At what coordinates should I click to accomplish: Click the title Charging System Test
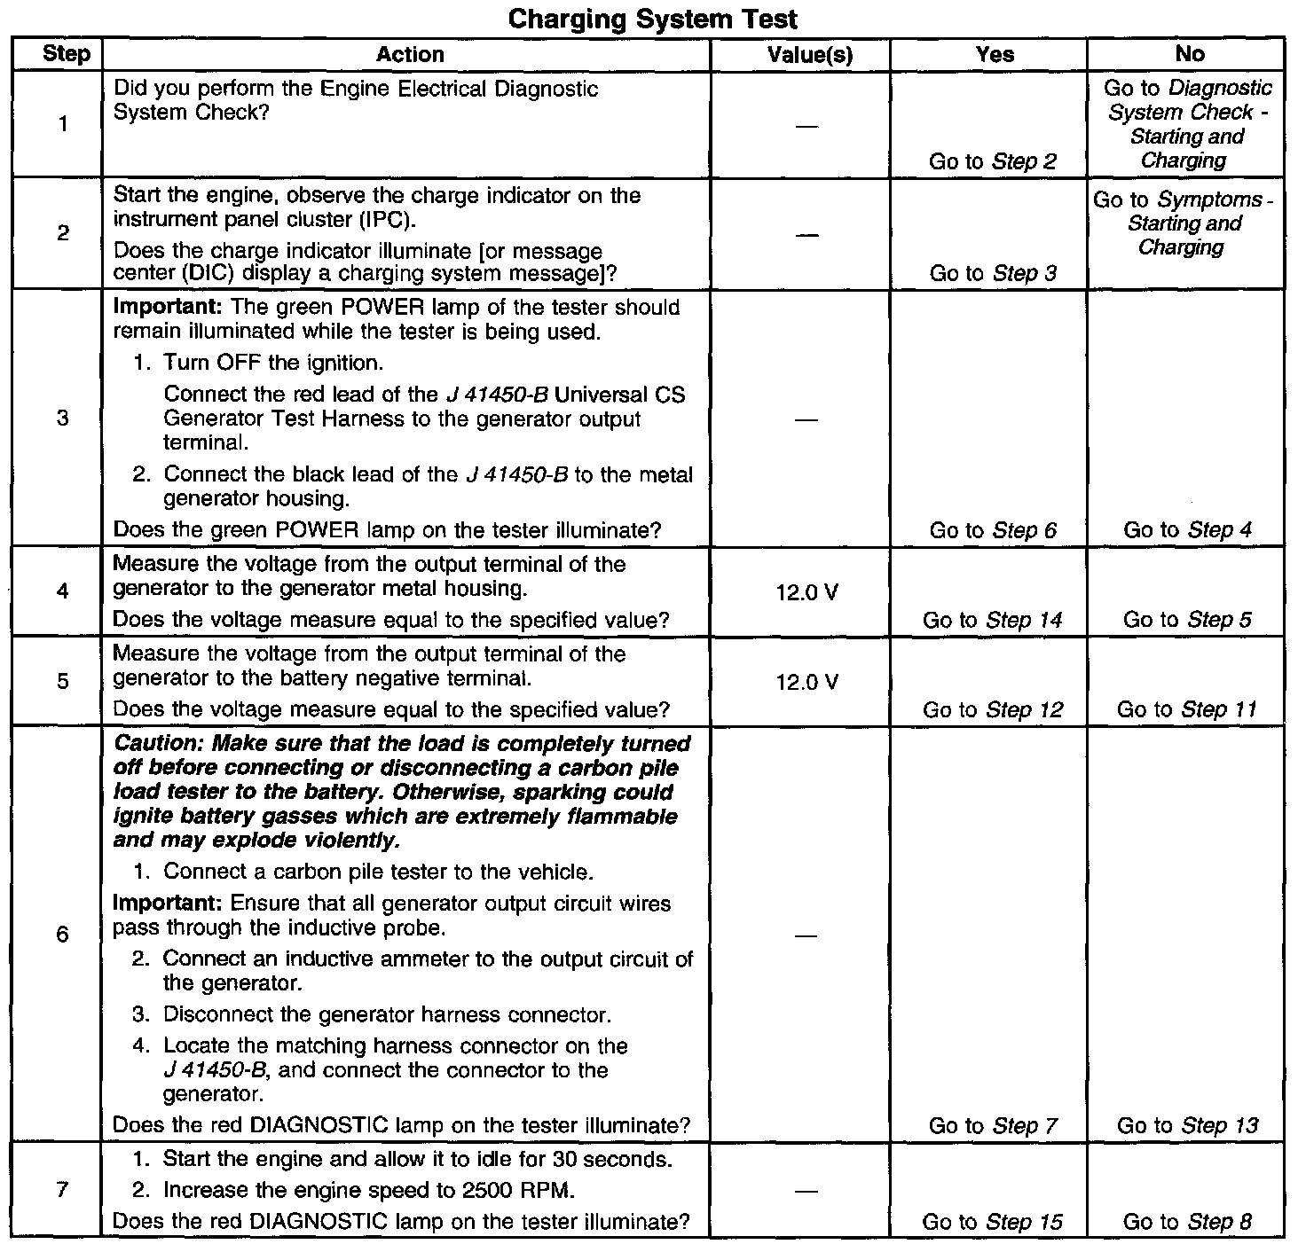tap(652, 19)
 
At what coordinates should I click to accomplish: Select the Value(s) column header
tap(809, 55)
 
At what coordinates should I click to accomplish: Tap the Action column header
tap(409, 55)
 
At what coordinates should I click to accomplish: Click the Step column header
tap(67, 54)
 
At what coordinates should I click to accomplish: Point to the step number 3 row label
tap(62, 418)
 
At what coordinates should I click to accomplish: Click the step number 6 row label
tap(62, 935)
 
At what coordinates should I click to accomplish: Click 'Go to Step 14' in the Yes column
tap(992, 620)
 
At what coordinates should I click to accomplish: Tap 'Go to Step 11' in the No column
tap(1187, 709)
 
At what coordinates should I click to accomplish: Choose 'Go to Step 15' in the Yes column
tap(992, 1222)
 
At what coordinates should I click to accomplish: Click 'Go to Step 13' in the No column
tap(1187, 1126)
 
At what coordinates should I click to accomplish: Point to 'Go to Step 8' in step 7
tap(1187, 1222)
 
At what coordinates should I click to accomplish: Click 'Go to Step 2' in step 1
tap(992, 161)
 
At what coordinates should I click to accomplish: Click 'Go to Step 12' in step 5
tap(992, 709)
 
